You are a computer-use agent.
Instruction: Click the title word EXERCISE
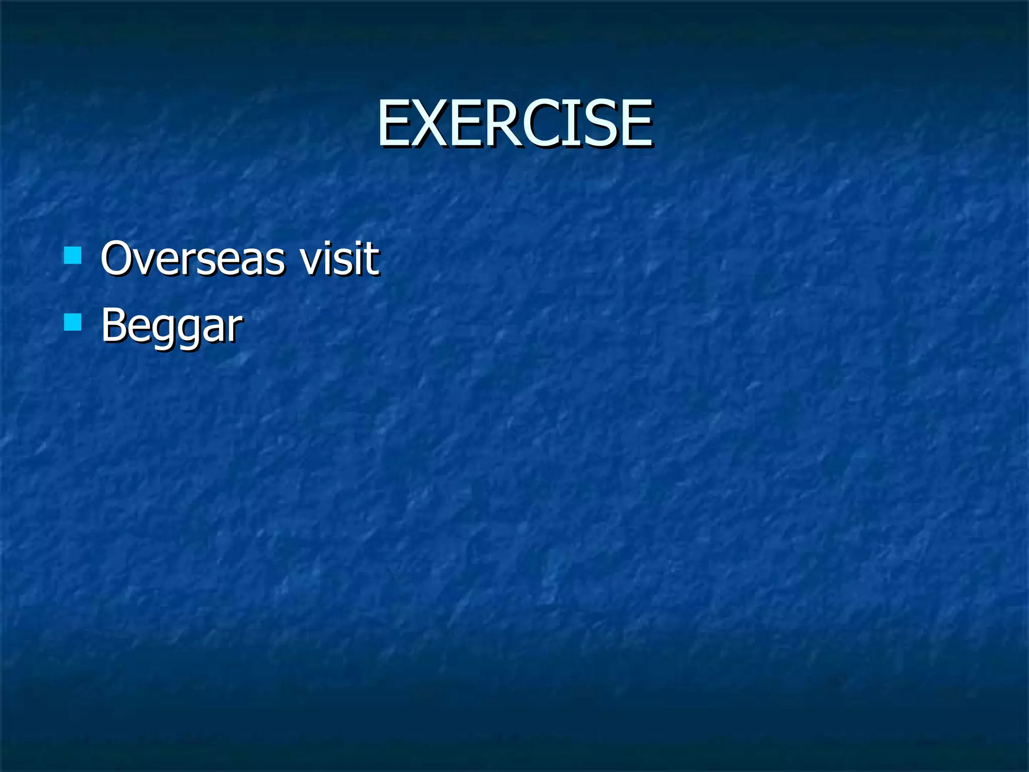pyautogui.click(x=515, y=123)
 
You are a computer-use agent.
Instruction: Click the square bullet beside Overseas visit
pyautogui.click(x=73, y=255)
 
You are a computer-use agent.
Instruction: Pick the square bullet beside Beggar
pyautogui.click(x=73, y=322)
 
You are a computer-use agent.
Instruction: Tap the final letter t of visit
pyautogui.click(x=372, y=258)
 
